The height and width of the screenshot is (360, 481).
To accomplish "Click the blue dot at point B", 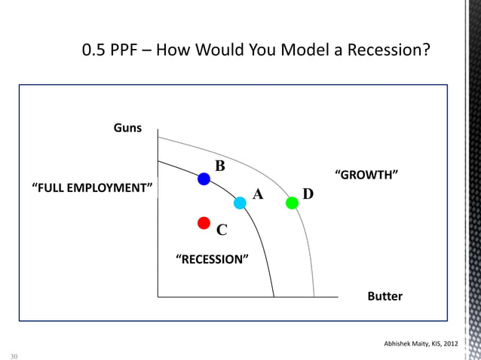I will pyautogui.click(x=204, y=179).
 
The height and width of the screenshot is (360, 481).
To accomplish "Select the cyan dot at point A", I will pyautogui.click(x=240, y=203).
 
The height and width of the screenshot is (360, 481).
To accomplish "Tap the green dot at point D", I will pyautogui.click(x=292, y=203).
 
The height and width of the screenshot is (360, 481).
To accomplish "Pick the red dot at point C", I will pyautogui.click(x=203, y=222).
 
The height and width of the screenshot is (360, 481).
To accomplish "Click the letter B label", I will pyautogui.click(x=220, y=166).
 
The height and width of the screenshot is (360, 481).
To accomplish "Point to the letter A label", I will pyautogui.click(x=258, y=195).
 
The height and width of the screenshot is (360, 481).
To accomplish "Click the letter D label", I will pyautogui.click(x=308, y=195).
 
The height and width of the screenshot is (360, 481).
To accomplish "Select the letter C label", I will pyautogui.click(x=222, y=230).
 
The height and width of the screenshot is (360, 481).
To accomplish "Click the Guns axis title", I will pyautogui.click(x=127, y=129).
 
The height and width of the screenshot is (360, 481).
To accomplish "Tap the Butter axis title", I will pyautogui.click(x=384, y=297).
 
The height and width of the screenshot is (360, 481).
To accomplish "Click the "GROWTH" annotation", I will pyautogui.click(x=366, y=175).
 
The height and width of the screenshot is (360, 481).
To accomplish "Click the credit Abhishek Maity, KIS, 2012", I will pyautogui.click(x=421, y=344).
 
